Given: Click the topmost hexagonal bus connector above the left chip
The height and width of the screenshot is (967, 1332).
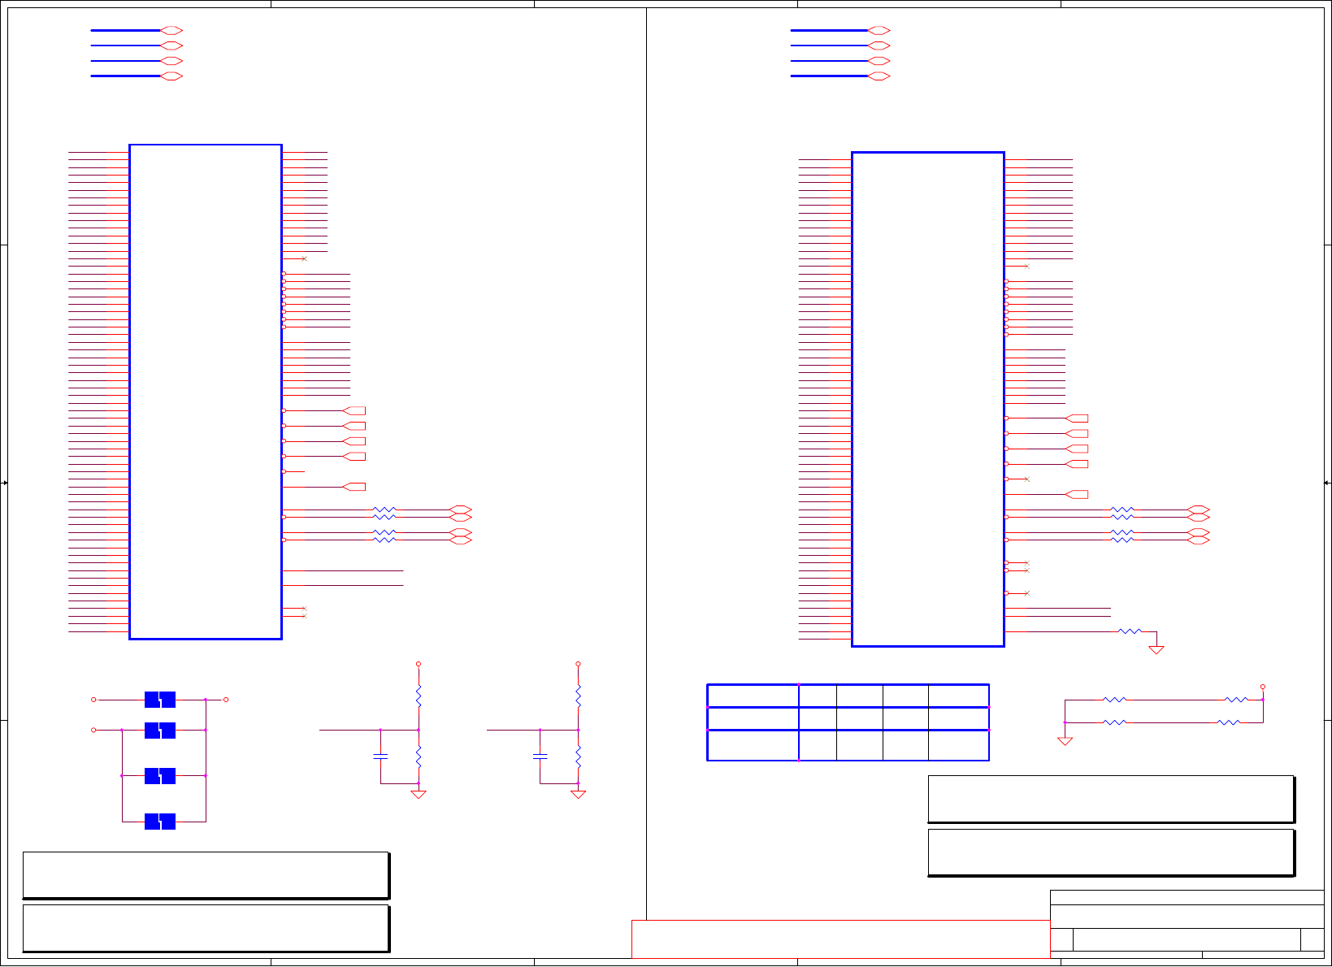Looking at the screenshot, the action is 171,30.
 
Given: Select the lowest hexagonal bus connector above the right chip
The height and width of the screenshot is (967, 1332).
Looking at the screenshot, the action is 879,76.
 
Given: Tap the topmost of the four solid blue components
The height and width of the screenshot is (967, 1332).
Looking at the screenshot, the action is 160,700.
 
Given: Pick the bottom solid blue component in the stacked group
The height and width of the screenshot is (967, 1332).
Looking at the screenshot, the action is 160,822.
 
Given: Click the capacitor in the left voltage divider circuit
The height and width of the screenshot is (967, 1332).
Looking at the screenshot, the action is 380,757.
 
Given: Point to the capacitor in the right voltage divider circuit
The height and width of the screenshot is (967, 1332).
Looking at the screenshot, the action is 540,757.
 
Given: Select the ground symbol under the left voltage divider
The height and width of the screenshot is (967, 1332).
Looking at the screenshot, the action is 419,794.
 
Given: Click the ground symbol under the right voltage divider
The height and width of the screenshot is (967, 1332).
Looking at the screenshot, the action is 578,794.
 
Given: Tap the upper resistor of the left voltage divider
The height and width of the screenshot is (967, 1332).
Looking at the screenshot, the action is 419,696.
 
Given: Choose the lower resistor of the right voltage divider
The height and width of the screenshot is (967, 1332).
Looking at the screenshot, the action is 578,757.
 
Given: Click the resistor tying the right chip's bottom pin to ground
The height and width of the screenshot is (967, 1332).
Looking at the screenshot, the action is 1130,631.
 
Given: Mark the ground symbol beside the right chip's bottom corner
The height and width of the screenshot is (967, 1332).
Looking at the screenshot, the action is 1156,649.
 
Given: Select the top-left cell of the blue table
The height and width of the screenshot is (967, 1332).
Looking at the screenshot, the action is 753,696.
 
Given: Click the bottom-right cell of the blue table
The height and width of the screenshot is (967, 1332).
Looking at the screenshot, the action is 958,745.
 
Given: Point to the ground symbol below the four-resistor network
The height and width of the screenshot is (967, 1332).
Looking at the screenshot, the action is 1065,741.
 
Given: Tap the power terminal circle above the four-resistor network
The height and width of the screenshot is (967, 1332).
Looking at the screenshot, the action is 1262,687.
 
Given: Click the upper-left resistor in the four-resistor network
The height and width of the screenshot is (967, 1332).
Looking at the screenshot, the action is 1114,700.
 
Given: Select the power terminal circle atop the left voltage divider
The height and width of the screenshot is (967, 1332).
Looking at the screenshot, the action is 419,664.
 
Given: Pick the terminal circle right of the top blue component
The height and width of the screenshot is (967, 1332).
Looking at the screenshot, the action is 226,700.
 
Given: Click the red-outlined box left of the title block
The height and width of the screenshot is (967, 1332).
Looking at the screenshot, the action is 840,939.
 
